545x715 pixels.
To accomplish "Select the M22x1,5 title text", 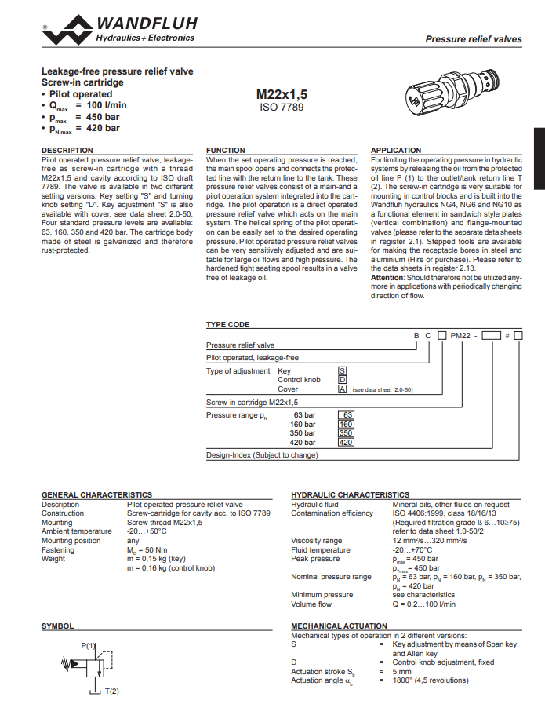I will point(282,94).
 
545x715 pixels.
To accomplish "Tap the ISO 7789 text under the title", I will point(282,107).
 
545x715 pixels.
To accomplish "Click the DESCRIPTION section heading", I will point(67,150).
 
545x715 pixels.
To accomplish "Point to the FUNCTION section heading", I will point(225,150).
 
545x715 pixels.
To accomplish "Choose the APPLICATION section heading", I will point(396,150).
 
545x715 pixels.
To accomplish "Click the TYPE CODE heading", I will point(227,324).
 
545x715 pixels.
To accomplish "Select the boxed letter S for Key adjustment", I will point(342,370).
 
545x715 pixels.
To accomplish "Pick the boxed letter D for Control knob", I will point(342,380).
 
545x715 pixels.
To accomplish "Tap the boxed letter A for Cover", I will point(342,389).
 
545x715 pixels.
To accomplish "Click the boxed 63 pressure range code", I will point(346,414).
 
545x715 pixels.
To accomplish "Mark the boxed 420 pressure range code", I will point(346,443).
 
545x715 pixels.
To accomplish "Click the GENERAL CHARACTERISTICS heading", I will point(96,494).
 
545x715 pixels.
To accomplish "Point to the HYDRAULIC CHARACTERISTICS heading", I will point(350,494).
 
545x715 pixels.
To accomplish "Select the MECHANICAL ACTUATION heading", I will point(339,626).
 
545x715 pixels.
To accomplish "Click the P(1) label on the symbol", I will point(88,645).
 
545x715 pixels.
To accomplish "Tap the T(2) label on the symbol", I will point(112,691).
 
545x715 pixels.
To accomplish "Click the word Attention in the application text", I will point(388,278).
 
